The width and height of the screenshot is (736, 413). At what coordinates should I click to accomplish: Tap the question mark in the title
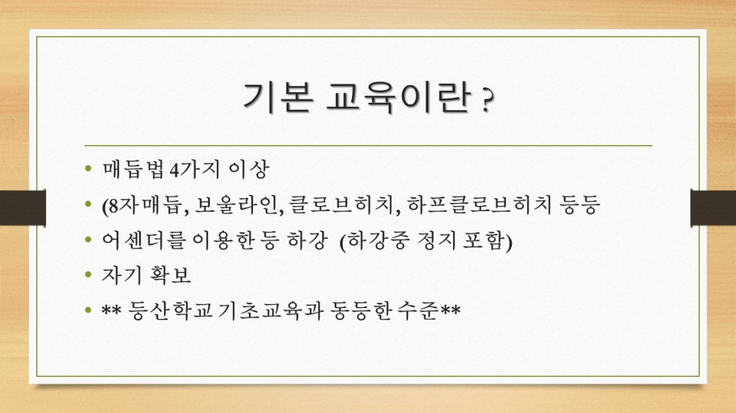(x=487, y=104)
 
